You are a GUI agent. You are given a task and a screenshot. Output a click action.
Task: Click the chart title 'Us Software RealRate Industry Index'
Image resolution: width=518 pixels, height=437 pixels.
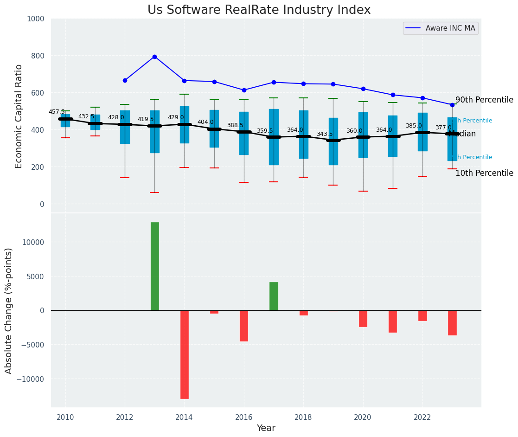click(259, 10)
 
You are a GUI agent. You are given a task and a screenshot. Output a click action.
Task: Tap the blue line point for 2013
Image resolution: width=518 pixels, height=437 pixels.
click(154, 57)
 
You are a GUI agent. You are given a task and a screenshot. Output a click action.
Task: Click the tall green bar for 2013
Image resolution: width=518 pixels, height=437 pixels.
click(155, 266)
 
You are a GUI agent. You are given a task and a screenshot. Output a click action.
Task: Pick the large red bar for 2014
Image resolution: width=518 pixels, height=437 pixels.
click(185, 354)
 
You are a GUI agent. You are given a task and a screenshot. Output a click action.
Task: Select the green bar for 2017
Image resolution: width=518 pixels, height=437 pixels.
click(274, 296)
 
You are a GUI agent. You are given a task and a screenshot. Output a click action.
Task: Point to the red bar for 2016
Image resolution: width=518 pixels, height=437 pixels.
click(244, 326)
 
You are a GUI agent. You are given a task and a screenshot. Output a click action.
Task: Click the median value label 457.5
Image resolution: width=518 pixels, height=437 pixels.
click(57, 112)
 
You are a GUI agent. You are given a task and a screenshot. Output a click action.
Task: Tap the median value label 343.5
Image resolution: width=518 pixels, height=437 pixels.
click(325, 134)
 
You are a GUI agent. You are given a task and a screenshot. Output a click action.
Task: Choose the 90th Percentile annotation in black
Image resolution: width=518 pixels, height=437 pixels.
click(484, 100)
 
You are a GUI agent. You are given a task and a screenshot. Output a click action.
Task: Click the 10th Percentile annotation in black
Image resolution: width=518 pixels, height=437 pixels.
click(484, 174)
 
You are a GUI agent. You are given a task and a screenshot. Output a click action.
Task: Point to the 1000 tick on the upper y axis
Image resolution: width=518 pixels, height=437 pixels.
click(35, 19)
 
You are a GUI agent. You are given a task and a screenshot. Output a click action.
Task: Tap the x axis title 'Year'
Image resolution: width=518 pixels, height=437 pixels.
click(266, 428)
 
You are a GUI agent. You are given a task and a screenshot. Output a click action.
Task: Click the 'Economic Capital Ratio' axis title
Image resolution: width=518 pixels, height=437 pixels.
click(19, 116)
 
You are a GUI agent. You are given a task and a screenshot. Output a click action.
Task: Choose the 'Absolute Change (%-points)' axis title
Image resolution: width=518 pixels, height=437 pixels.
click(9, 310)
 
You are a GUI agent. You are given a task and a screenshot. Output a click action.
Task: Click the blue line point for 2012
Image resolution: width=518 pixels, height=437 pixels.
click(125, 80)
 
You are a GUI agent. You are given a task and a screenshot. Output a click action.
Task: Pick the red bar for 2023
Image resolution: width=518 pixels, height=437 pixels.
click(452, 322)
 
